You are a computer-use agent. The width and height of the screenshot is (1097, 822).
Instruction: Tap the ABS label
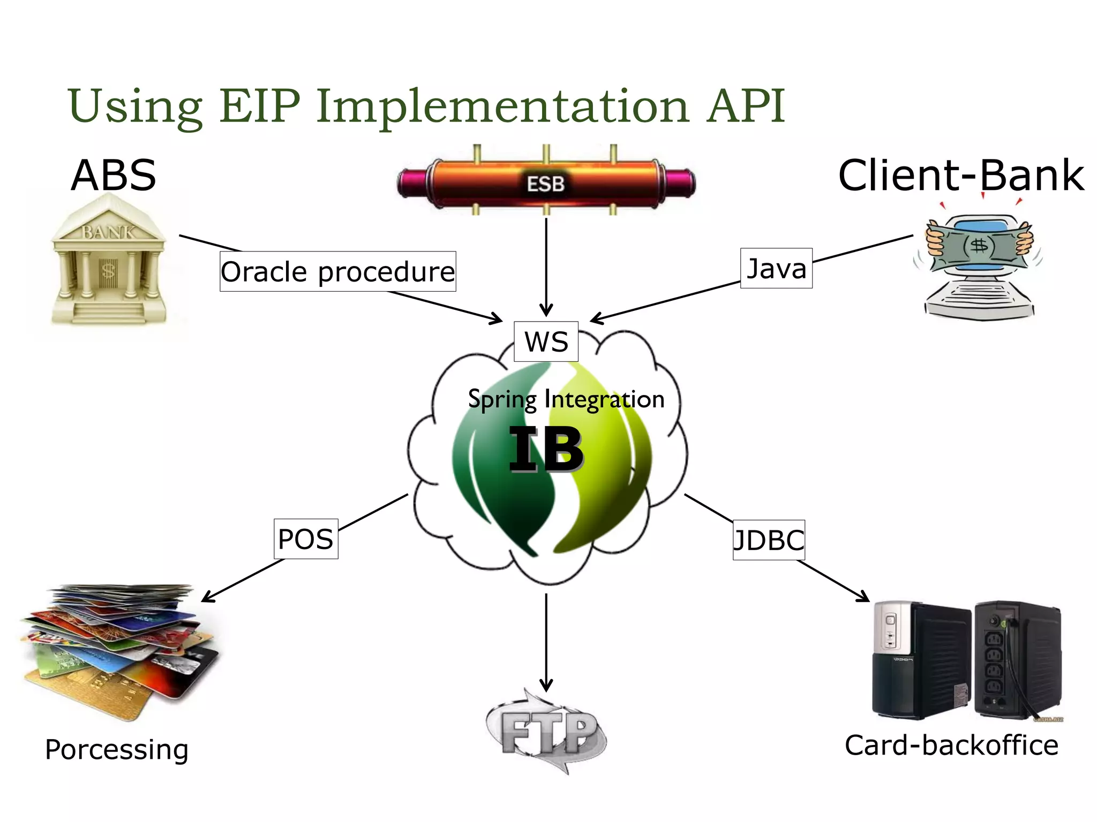click(x=114, y=176)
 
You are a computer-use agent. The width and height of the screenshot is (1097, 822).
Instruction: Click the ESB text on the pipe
click(x=545, y=184)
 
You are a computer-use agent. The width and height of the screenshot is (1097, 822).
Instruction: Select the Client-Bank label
click(x=961, y=176)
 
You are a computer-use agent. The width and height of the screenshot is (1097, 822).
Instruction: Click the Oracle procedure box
click(x=337, y=272)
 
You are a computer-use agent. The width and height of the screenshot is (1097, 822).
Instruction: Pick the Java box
click(x=776, y=269)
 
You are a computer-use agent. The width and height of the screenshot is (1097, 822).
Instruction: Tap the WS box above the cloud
click(x=546, y=342)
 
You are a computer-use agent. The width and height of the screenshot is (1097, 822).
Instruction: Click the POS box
click(x=306, y=539)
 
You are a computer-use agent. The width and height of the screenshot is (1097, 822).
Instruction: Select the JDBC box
click(x=769, y=540)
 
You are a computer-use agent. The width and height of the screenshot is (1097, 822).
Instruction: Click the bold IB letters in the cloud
click(x=546, y=450)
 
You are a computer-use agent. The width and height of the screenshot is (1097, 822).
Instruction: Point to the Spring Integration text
click(x=566, y=399)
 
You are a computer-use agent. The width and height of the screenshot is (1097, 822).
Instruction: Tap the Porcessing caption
click(x=117, y=749)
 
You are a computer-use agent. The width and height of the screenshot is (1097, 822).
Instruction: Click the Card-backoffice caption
click(x=951, y=745)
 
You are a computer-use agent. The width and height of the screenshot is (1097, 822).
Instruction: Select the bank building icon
click(x=109, y=262)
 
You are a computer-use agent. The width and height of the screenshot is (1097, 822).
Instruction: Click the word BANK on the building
click(x=108, y=232)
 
